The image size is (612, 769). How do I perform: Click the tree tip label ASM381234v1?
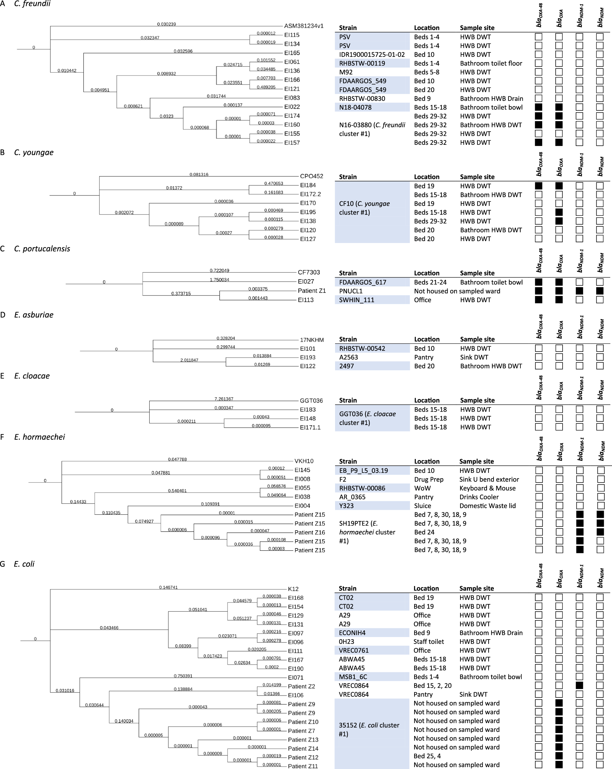(304, 26)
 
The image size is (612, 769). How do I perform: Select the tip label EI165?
(292, 53)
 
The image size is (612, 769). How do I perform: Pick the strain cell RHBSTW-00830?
(362, 99)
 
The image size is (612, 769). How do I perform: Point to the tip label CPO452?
(312, 176)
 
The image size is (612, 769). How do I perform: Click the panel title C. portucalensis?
(42, 249)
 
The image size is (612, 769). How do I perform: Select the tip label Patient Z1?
(312, 291)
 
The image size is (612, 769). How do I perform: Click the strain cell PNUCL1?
(351, 291)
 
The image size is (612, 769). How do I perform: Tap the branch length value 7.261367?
(224, 399)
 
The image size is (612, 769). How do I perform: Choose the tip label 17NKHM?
(312, 340)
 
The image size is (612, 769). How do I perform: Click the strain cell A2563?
(348, 357)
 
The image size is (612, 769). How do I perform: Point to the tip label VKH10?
(304, 461)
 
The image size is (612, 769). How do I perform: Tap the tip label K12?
(293, 589)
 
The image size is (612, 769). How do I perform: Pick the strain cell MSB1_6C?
(353, 677)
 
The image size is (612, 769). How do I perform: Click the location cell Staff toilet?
(429, 642)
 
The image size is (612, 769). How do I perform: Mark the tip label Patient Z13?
(303, 740)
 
